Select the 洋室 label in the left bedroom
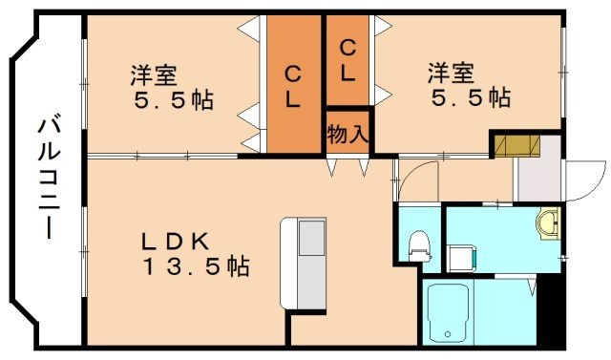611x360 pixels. (153, 73)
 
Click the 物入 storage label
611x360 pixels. (347, 133)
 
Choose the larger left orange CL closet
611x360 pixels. (294, 84)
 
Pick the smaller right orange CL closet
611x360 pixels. (348, 59)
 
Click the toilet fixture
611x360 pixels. (419, 245)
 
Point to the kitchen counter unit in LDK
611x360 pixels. (303, 263)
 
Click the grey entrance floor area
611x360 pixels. (535, 179)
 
